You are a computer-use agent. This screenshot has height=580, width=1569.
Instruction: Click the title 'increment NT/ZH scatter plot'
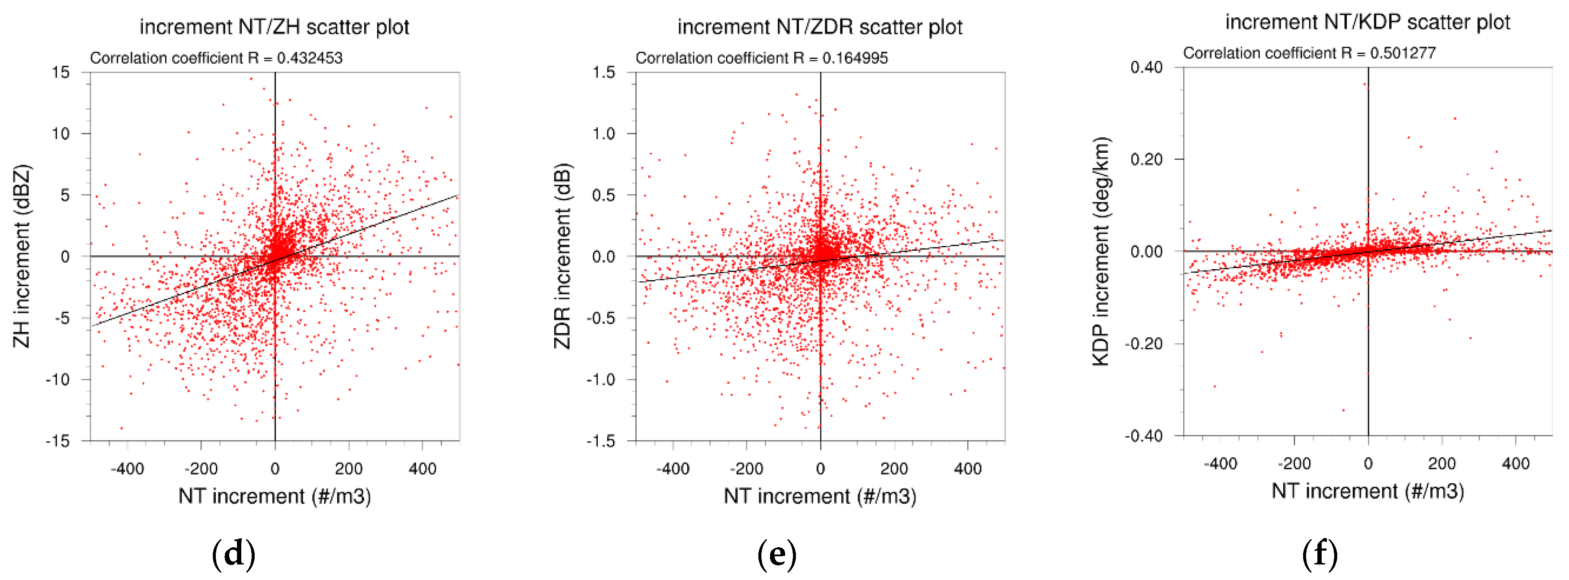[274, 27]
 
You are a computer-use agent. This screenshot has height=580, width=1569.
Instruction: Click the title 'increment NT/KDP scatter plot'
[1367, 22]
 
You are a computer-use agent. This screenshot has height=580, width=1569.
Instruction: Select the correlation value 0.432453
[309, 58]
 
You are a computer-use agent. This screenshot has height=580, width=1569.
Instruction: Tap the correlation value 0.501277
[1403, 53]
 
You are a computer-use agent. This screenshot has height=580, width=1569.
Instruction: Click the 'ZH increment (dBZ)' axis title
[22, 256]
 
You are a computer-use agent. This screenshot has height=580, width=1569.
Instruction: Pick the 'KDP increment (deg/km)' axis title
[1101, 251]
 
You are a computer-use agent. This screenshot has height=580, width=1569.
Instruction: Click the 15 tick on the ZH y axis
[60, 72]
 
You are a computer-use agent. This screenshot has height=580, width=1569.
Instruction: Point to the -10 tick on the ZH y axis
[58, 380]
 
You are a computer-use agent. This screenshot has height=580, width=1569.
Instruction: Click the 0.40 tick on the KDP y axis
[1146, 67]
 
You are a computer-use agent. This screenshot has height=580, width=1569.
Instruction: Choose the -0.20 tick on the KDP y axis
[1143, 344]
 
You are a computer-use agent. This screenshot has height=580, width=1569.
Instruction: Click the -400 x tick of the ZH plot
[127, 469]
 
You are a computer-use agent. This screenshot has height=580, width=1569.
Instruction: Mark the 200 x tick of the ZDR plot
[894, 469]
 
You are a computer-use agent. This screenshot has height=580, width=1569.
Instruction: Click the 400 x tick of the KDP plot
[1515, 463]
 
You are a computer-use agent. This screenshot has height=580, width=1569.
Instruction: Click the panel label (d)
[233, 554]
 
